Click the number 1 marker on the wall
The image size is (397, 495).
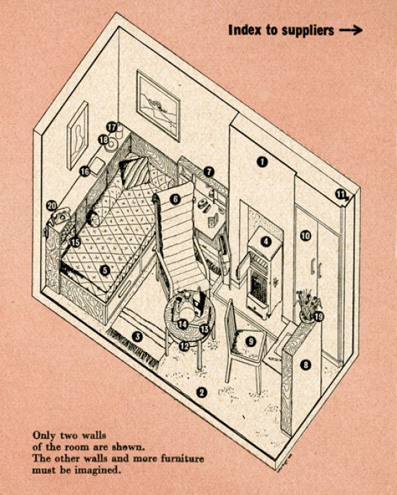262,162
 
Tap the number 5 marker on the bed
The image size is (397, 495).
105,270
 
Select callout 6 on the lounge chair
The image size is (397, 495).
175,199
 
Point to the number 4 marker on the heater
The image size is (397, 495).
266,242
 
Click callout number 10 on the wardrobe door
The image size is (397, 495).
305,235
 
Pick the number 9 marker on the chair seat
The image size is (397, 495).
250,341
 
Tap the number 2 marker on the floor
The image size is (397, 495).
201,393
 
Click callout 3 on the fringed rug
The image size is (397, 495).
137,336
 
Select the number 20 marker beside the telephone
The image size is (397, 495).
51,206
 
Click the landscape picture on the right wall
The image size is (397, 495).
158,105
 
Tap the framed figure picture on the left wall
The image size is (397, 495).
77,135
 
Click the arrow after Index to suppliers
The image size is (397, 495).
351,30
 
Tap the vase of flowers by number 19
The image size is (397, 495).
307,305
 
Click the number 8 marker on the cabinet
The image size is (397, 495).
305,365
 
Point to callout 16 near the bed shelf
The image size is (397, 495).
84,172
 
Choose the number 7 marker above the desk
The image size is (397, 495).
209,172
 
